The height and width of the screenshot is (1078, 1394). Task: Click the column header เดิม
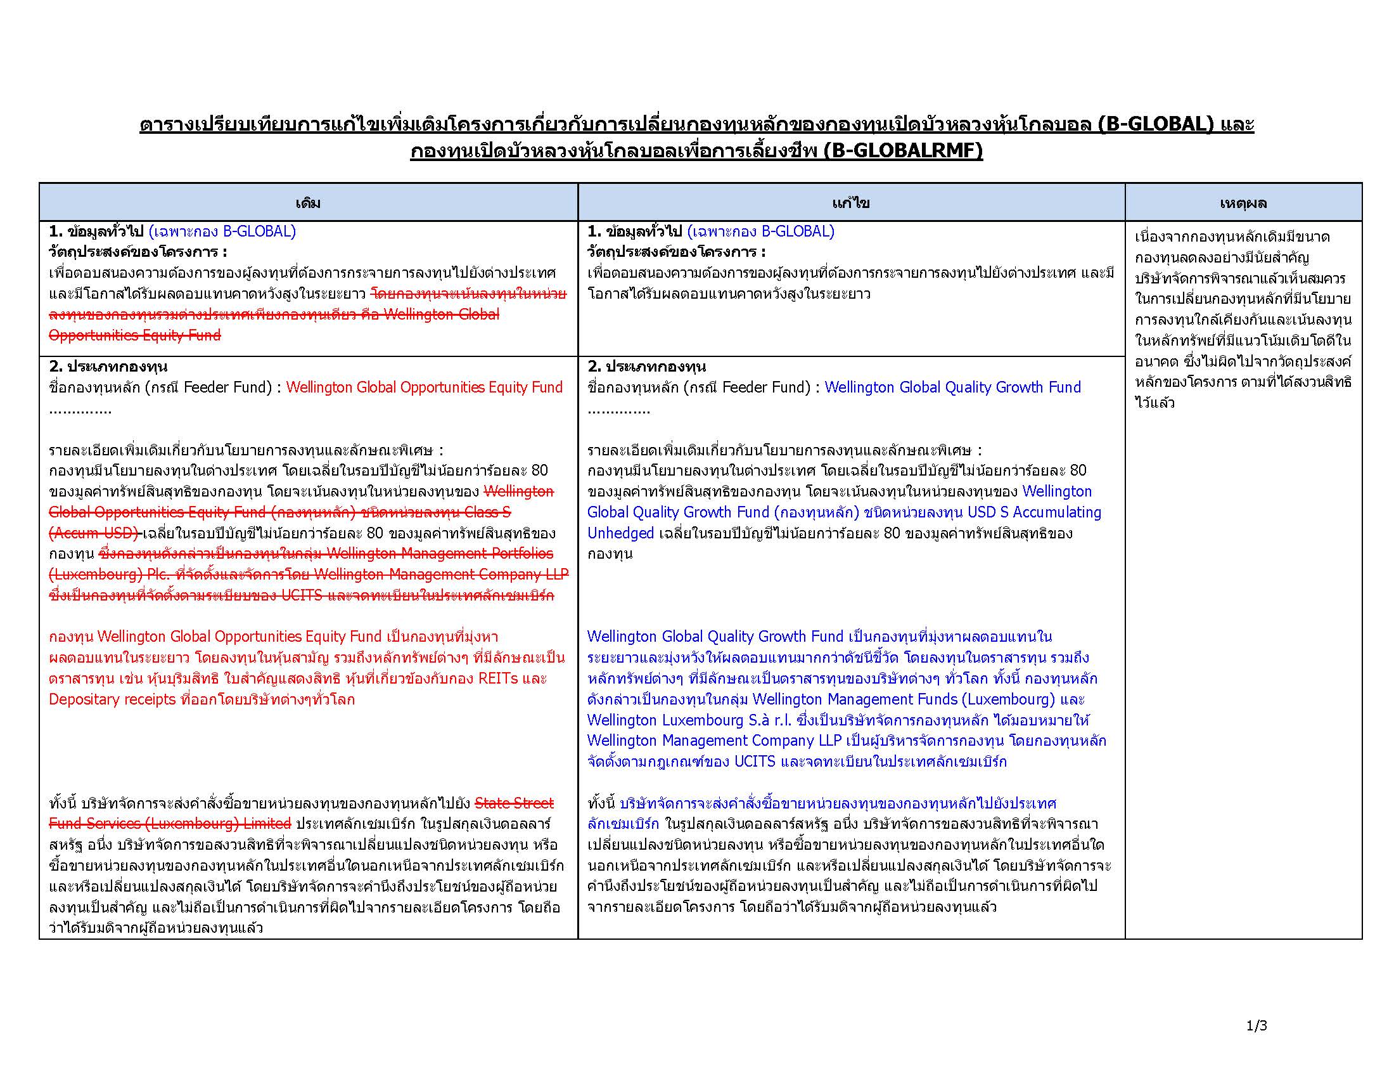click(x=308, y=203)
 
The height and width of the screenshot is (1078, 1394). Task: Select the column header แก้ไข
click(x=850, y=203)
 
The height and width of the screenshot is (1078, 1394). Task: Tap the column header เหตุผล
click(x=1243, y=203)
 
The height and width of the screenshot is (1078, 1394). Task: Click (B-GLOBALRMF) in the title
click(x=903, y=151)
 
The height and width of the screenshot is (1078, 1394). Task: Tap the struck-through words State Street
click(x=515, y=803)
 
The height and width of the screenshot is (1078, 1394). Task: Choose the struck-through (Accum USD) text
click(x=94, y=533)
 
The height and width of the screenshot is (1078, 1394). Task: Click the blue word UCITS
click(x=755, y=762)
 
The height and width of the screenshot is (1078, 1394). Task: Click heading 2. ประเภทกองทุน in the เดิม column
click(x=108, y=367)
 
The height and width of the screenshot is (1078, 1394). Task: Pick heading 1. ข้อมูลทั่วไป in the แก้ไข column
click(x=635, y=231)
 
